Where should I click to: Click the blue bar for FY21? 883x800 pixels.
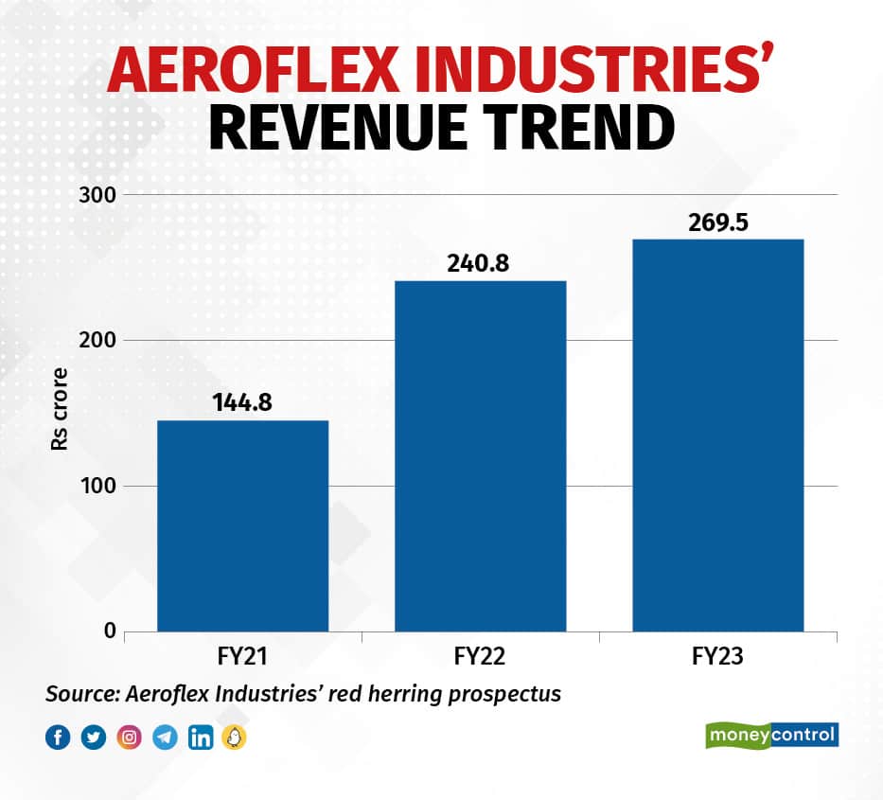(242, 525)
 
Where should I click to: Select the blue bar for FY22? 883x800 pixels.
(480, 455)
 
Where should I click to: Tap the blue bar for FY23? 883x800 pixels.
(717, 435)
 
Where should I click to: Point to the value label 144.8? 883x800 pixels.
(242, 402)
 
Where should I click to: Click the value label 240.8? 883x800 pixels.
(480, 263)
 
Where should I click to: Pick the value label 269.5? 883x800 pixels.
(717, 222)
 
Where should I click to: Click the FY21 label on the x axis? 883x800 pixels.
(242, 656)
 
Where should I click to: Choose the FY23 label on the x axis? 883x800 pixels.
(717, 656)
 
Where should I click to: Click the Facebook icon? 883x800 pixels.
(58, 738)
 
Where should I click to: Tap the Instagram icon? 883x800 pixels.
(129, 738)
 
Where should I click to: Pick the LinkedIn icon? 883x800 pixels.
(200, 738)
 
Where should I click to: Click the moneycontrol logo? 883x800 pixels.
(772, 735)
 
